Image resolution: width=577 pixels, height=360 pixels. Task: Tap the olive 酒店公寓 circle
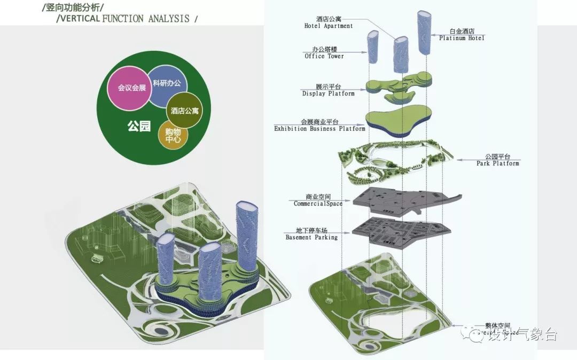click(x=185, y=111)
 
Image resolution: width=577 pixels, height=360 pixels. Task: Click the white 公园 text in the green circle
click(x=138, y=127)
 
